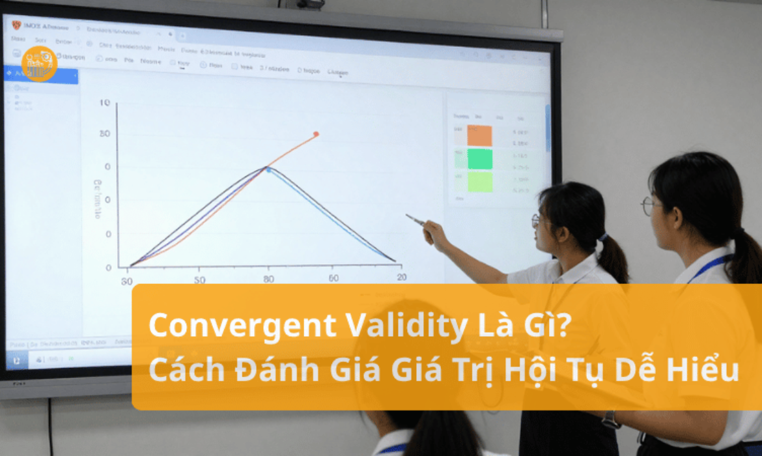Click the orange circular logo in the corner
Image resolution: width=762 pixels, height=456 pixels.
(39, 64)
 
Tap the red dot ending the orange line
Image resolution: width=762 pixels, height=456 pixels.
(316, 134)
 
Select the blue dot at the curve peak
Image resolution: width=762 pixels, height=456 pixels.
(268, 169)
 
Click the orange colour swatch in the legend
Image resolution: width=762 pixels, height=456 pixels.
(480, 135)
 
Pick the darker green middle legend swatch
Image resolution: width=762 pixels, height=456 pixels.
(480, 159)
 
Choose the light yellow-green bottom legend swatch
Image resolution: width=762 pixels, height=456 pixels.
(480, 182)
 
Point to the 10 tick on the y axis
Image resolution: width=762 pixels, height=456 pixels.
(104, 103)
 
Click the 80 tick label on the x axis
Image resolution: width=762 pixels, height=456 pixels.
(268, 279)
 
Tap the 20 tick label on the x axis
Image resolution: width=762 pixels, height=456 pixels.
(401, 278)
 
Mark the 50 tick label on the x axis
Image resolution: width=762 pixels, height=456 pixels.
(199, 280)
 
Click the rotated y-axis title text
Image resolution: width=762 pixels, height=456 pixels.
(98, 198)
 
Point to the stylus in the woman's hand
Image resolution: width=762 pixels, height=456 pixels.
(416, 220)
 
